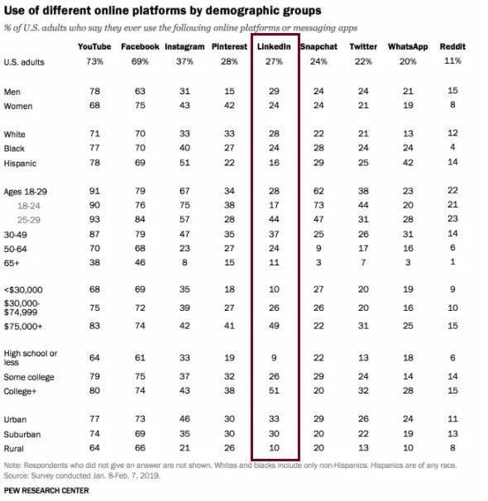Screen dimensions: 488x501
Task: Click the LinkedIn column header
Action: tap(274, 46)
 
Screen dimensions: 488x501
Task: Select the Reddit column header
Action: tap(452, 46)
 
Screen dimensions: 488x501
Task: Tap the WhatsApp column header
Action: tap(408, 46)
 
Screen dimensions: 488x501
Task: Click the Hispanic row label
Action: tap(20, 163)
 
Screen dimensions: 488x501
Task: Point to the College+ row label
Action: tap(20, 391)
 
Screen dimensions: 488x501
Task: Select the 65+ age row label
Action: tap(12, 263)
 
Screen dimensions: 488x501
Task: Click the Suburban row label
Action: tap(22, 434)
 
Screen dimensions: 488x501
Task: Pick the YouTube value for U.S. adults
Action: tap(94, 61)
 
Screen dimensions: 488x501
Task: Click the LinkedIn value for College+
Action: tap(274, 390)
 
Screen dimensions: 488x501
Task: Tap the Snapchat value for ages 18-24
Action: tap(318, 205)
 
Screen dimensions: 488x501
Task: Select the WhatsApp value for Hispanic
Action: tap(408, 163)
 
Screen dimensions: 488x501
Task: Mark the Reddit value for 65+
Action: tap(452, 262)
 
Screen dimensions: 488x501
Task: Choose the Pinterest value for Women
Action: tap(229, 105)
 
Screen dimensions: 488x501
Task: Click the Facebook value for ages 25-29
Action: tap(140, 219)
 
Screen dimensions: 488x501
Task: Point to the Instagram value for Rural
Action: tap(184, 447)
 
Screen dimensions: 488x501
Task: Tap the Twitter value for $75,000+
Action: tap(363, 326)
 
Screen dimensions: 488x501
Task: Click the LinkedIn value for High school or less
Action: tap(274, 357)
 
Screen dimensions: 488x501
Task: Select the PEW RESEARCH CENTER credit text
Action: tap(46, 490)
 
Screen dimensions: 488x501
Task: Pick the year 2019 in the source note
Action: tap(149, 475)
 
